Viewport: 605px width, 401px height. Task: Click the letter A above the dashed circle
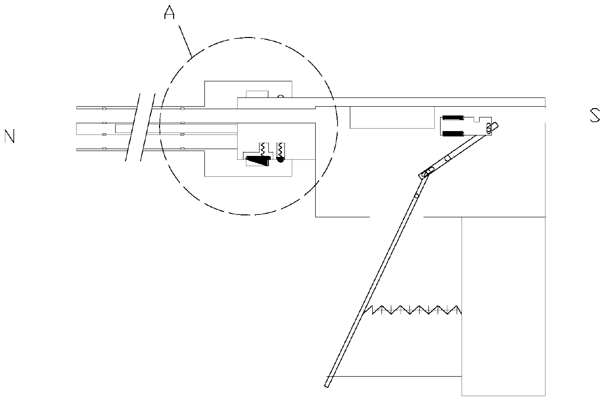pyautogui.click(x=169, y=13)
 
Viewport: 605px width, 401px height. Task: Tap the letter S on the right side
pyautogui.click(x=595, y=115)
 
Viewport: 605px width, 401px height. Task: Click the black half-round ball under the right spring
pyautogui.click(x=281, y=159)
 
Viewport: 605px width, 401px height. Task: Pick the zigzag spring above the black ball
pyautogui.click(x=281, y=149)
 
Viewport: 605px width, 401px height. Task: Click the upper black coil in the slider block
pyautogui.click(x=452, y=118)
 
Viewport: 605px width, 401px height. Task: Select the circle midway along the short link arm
pyautogui.click(x=447, y=158)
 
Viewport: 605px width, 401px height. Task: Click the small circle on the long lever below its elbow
pyautogui.click(x=416, y=196)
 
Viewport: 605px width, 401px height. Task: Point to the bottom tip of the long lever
pyautogui.click(x=327, y=385)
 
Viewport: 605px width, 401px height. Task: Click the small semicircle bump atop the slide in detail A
pyautogui.click(x=281, y=96)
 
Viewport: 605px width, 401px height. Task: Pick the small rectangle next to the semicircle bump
pyautogui.click(x=257, y=94)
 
